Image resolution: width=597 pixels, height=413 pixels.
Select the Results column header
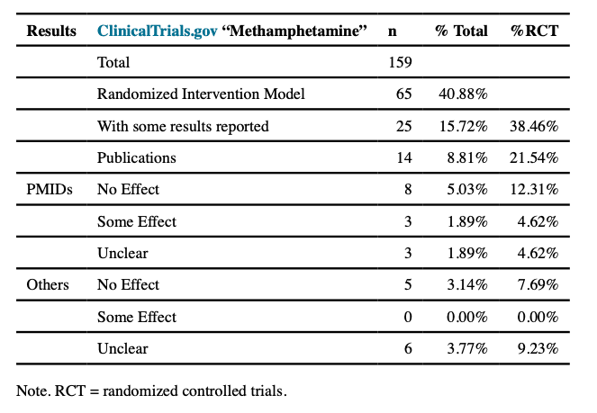point(51,31)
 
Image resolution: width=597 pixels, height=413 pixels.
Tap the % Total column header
point(461,31)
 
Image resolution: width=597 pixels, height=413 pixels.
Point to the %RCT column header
point(535,31)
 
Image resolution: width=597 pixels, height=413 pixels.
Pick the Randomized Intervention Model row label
point(201,94)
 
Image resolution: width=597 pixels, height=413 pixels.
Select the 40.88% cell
point(463,94)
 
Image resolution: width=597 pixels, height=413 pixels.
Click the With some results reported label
point(183,127)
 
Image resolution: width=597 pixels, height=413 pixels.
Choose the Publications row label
point(136,158)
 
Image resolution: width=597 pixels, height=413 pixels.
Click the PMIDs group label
point(49,190)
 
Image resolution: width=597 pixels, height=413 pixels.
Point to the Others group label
point(48,285)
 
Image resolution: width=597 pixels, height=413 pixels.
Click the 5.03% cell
point(466,190)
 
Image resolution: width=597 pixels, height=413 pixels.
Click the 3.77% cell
point(466,349)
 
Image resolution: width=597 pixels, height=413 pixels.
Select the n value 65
point(403,94)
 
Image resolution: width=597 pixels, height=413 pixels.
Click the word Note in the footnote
point(32,391)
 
